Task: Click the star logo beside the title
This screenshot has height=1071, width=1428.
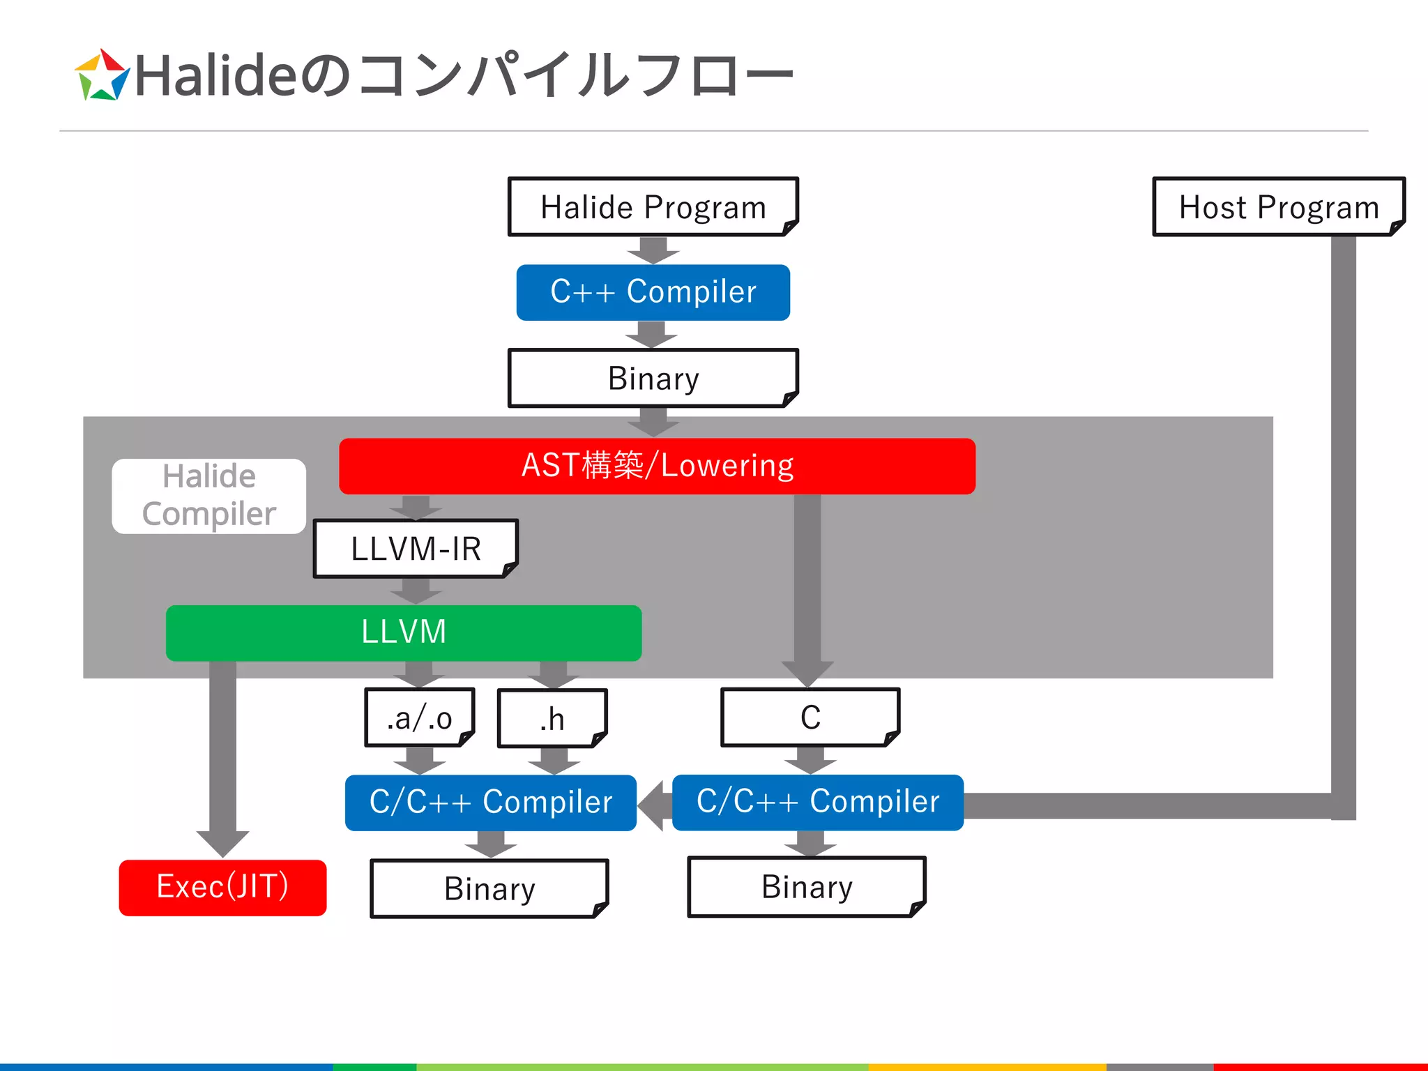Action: point(102,76)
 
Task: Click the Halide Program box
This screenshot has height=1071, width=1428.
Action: point(653,207)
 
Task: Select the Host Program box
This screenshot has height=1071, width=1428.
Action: point(1278,207)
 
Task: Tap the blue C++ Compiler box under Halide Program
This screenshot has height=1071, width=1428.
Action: point(653,292)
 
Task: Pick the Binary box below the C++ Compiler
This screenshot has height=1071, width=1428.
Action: point(653,378)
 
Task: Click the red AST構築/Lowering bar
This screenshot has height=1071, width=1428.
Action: point(657,466)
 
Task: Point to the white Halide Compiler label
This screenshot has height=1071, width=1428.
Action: point(208,496)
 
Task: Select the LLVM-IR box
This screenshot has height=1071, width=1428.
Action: point(416,549)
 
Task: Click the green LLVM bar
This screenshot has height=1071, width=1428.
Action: point(403,632)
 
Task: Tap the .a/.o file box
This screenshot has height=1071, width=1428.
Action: point(420,717)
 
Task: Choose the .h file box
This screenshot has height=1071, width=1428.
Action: point(552,718)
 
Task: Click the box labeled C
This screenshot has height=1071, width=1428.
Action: point(810,717)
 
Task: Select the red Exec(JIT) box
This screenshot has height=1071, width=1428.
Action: point(222,887)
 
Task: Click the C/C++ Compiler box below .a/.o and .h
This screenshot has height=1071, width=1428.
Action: point(490,802)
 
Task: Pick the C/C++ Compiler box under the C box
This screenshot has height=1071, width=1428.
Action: point(817,802)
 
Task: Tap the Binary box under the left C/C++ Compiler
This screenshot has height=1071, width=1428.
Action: point(489,888)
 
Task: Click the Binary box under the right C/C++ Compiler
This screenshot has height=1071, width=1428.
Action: point(807,887)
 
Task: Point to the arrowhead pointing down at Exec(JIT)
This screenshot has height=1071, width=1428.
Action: point(222,842)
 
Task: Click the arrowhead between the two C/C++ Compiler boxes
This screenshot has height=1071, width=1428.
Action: point(653,805)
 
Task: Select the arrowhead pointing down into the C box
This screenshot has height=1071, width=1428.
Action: point(807,673)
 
